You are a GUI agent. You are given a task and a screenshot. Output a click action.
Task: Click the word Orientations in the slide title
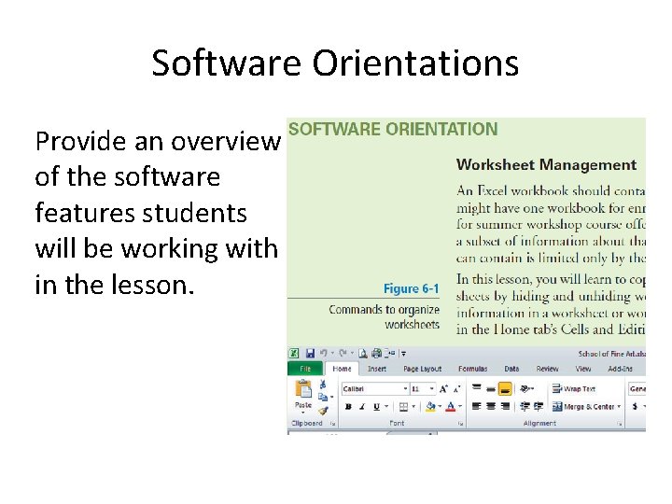[x=415, y=63]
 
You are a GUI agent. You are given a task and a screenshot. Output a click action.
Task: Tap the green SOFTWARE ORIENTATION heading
[x=392, y=130]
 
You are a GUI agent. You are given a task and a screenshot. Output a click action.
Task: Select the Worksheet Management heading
[x=546, y=165]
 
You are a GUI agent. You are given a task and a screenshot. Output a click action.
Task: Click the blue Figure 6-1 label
[x=411, y=288]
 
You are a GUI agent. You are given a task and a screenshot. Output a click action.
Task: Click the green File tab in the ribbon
[x=304, y=369]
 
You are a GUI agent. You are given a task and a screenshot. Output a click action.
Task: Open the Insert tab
[x=376, y=369]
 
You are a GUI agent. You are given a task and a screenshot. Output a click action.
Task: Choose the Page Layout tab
[x=422, y=369]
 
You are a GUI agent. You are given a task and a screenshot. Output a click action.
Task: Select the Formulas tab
[x=472, y=369]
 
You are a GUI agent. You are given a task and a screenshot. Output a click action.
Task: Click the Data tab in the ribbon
[x=511, y=369]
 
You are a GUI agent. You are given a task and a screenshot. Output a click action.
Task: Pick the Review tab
[x=548, y=369]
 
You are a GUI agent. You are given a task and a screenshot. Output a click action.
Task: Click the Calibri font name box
[x=371, y=388]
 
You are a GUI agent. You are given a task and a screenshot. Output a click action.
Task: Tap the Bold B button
[x=347, y=407]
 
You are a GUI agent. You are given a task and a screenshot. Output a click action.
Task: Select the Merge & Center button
[x=588, y=407]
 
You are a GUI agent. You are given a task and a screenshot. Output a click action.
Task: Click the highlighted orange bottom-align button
[x=505, y=388]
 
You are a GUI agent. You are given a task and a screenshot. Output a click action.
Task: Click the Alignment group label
[x=539, y=424]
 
